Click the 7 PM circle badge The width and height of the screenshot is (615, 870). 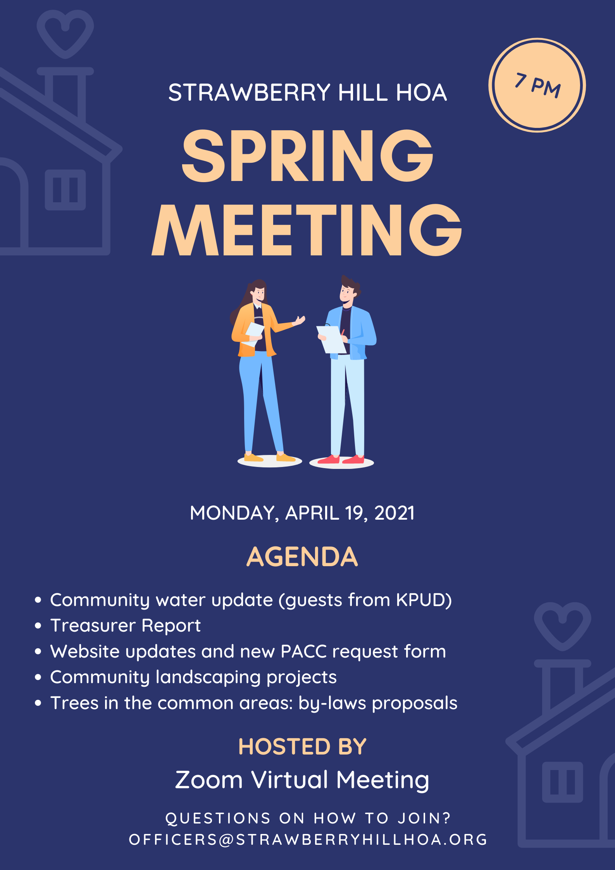click(537, 85)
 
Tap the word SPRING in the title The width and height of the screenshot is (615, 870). click(307, 156)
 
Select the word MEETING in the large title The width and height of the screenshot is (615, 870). click(307, 230)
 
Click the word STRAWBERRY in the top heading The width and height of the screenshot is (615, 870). click(249, 93)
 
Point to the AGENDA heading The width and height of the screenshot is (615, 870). click(302, 557)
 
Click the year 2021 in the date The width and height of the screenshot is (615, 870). click(394, 513)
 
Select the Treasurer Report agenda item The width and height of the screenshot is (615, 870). click(126, 625)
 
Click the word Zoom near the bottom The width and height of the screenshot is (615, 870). click(209, 780)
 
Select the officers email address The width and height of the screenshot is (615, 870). click(308, 839)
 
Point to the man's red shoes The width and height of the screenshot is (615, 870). click(341, 460)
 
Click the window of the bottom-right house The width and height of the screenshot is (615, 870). click(562, 782)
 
